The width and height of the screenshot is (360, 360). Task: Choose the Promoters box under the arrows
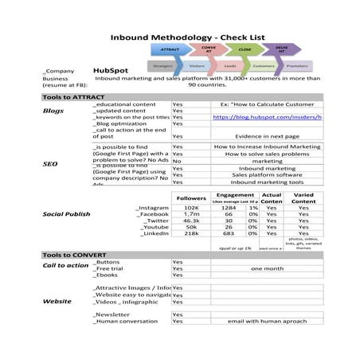tap(297, 67)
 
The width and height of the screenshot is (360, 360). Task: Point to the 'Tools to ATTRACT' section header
tap(73, 96)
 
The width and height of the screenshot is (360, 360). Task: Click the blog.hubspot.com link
tap(266, 117)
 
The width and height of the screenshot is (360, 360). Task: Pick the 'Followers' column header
tap(191, 198)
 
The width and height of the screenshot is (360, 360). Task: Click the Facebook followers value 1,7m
tap(191, 214)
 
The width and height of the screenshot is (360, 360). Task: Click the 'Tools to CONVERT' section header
tap(74, 255)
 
